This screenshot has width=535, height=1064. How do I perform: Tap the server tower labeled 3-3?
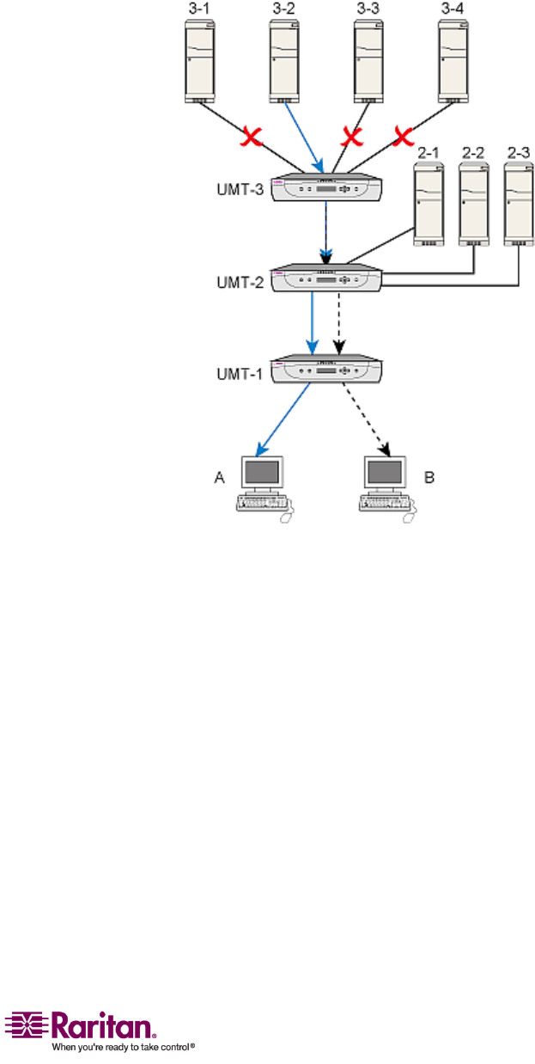(371, 58)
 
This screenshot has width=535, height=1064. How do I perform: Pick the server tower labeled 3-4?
(454, 58)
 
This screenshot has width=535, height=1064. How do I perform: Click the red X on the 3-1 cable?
(251, 136)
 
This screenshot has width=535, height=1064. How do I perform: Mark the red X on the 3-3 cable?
(350, 136)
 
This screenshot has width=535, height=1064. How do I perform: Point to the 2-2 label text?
(473, 152)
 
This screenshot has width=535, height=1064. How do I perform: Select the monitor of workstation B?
(384, 472)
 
